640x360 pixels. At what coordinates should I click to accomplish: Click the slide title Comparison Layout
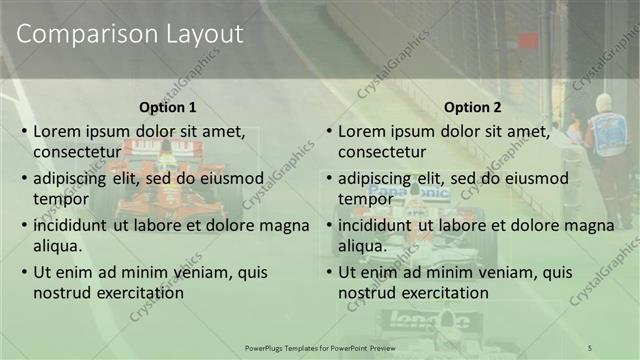click(130, 34)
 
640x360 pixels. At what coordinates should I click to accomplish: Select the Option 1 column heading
click(166, 108)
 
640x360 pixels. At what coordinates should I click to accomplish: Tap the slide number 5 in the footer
click(590, 346)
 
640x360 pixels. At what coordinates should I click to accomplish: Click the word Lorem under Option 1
click(58, 131)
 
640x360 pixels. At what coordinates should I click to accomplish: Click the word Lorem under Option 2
click(363, 131)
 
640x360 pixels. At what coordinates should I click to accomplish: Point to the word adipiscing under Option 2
click(379, 178)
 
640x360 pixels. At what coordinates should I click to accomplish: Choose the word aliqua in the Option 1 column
click(56, 245)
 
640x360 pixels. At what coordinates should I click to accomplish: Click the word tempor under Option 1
click(59, 199)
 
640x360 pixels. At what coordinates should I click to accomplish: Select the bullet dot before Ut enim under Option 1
click(23, 272)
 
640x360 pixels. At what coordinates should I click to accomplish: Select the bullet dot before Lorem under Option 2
click(328, 131)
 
